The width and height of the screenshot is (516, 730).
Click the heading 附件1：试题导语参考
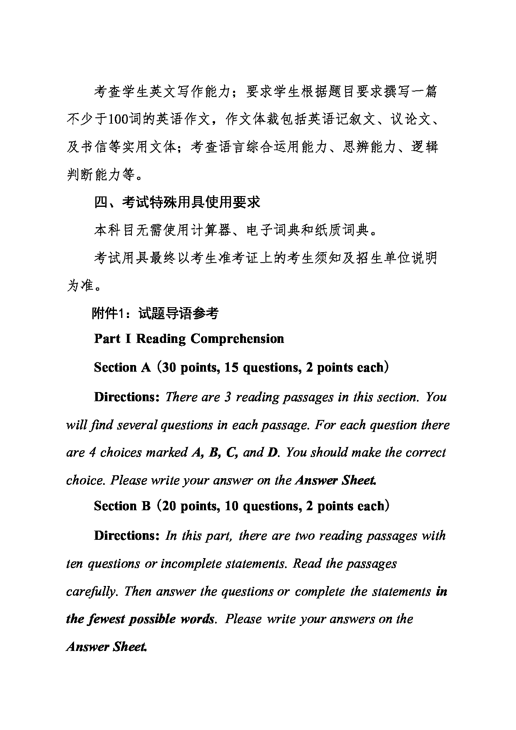(155, 313)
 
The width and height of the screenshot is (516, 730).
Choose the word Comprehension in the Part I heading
(237, 339)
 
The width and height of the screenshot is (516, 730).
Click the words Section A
(122, 367)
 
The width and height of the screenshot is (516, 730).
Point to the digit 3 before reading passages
(228, 397)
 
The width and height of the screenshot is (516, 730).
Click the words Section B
(122, 506)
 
